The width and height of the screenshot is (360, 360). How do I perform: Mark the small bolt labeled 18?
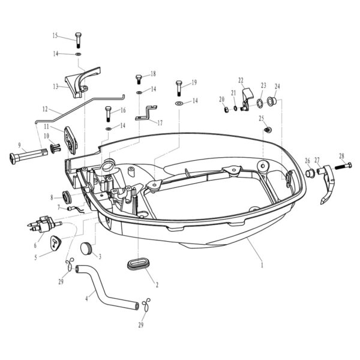[139, 77]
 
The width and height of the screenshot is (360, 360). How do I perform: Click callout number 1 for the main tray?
[262, 263]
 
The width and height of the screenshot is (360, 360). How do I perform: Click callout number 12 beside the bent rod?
[44, 109]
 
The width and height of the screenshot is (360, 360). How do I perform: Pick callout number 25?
[261, 118]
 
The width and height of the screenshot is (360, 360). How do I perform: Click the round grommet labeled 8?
[66, 197]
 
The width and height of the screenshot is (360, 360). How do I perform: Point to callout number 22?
[241, 80]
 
